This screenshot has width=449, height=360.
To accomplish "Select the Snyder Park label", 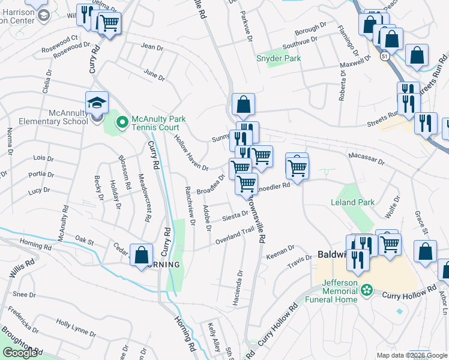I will pos(279,59).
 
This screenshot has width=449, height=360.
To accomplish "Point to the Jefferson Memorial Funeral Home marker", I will pos(367,291).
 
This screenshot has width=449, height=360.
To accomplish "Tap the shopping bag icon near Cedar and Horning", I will pos(141,254).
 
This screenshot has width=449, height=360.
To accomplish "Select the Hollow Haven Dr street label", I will pos(190,152).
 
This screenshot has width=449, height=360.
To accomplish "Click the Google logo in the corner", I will pos(20,353).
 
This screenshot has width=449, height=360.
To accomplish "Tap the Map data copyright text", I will pos(411,355).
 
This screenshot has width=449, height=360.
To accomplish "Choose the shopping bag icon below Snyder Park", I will pos(243,104).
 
